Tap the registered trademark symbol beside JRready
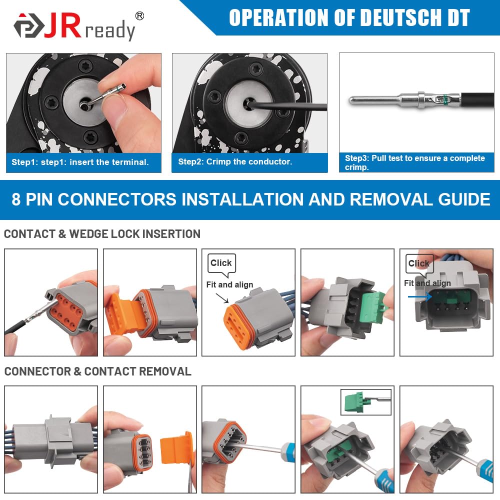tap(139, 16)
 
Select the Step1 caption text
tap(80, 162)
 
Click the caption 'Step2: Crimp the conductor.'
tap(235, 161)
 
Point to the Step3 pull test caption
tap(414, 162)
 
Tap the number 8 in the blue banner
tap(16, 199)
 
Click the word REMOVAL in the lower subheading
tap(165, 371)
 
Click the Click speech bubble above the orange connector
tap(221, 263)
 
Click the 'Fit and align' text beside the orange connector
tap(229, 284)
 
